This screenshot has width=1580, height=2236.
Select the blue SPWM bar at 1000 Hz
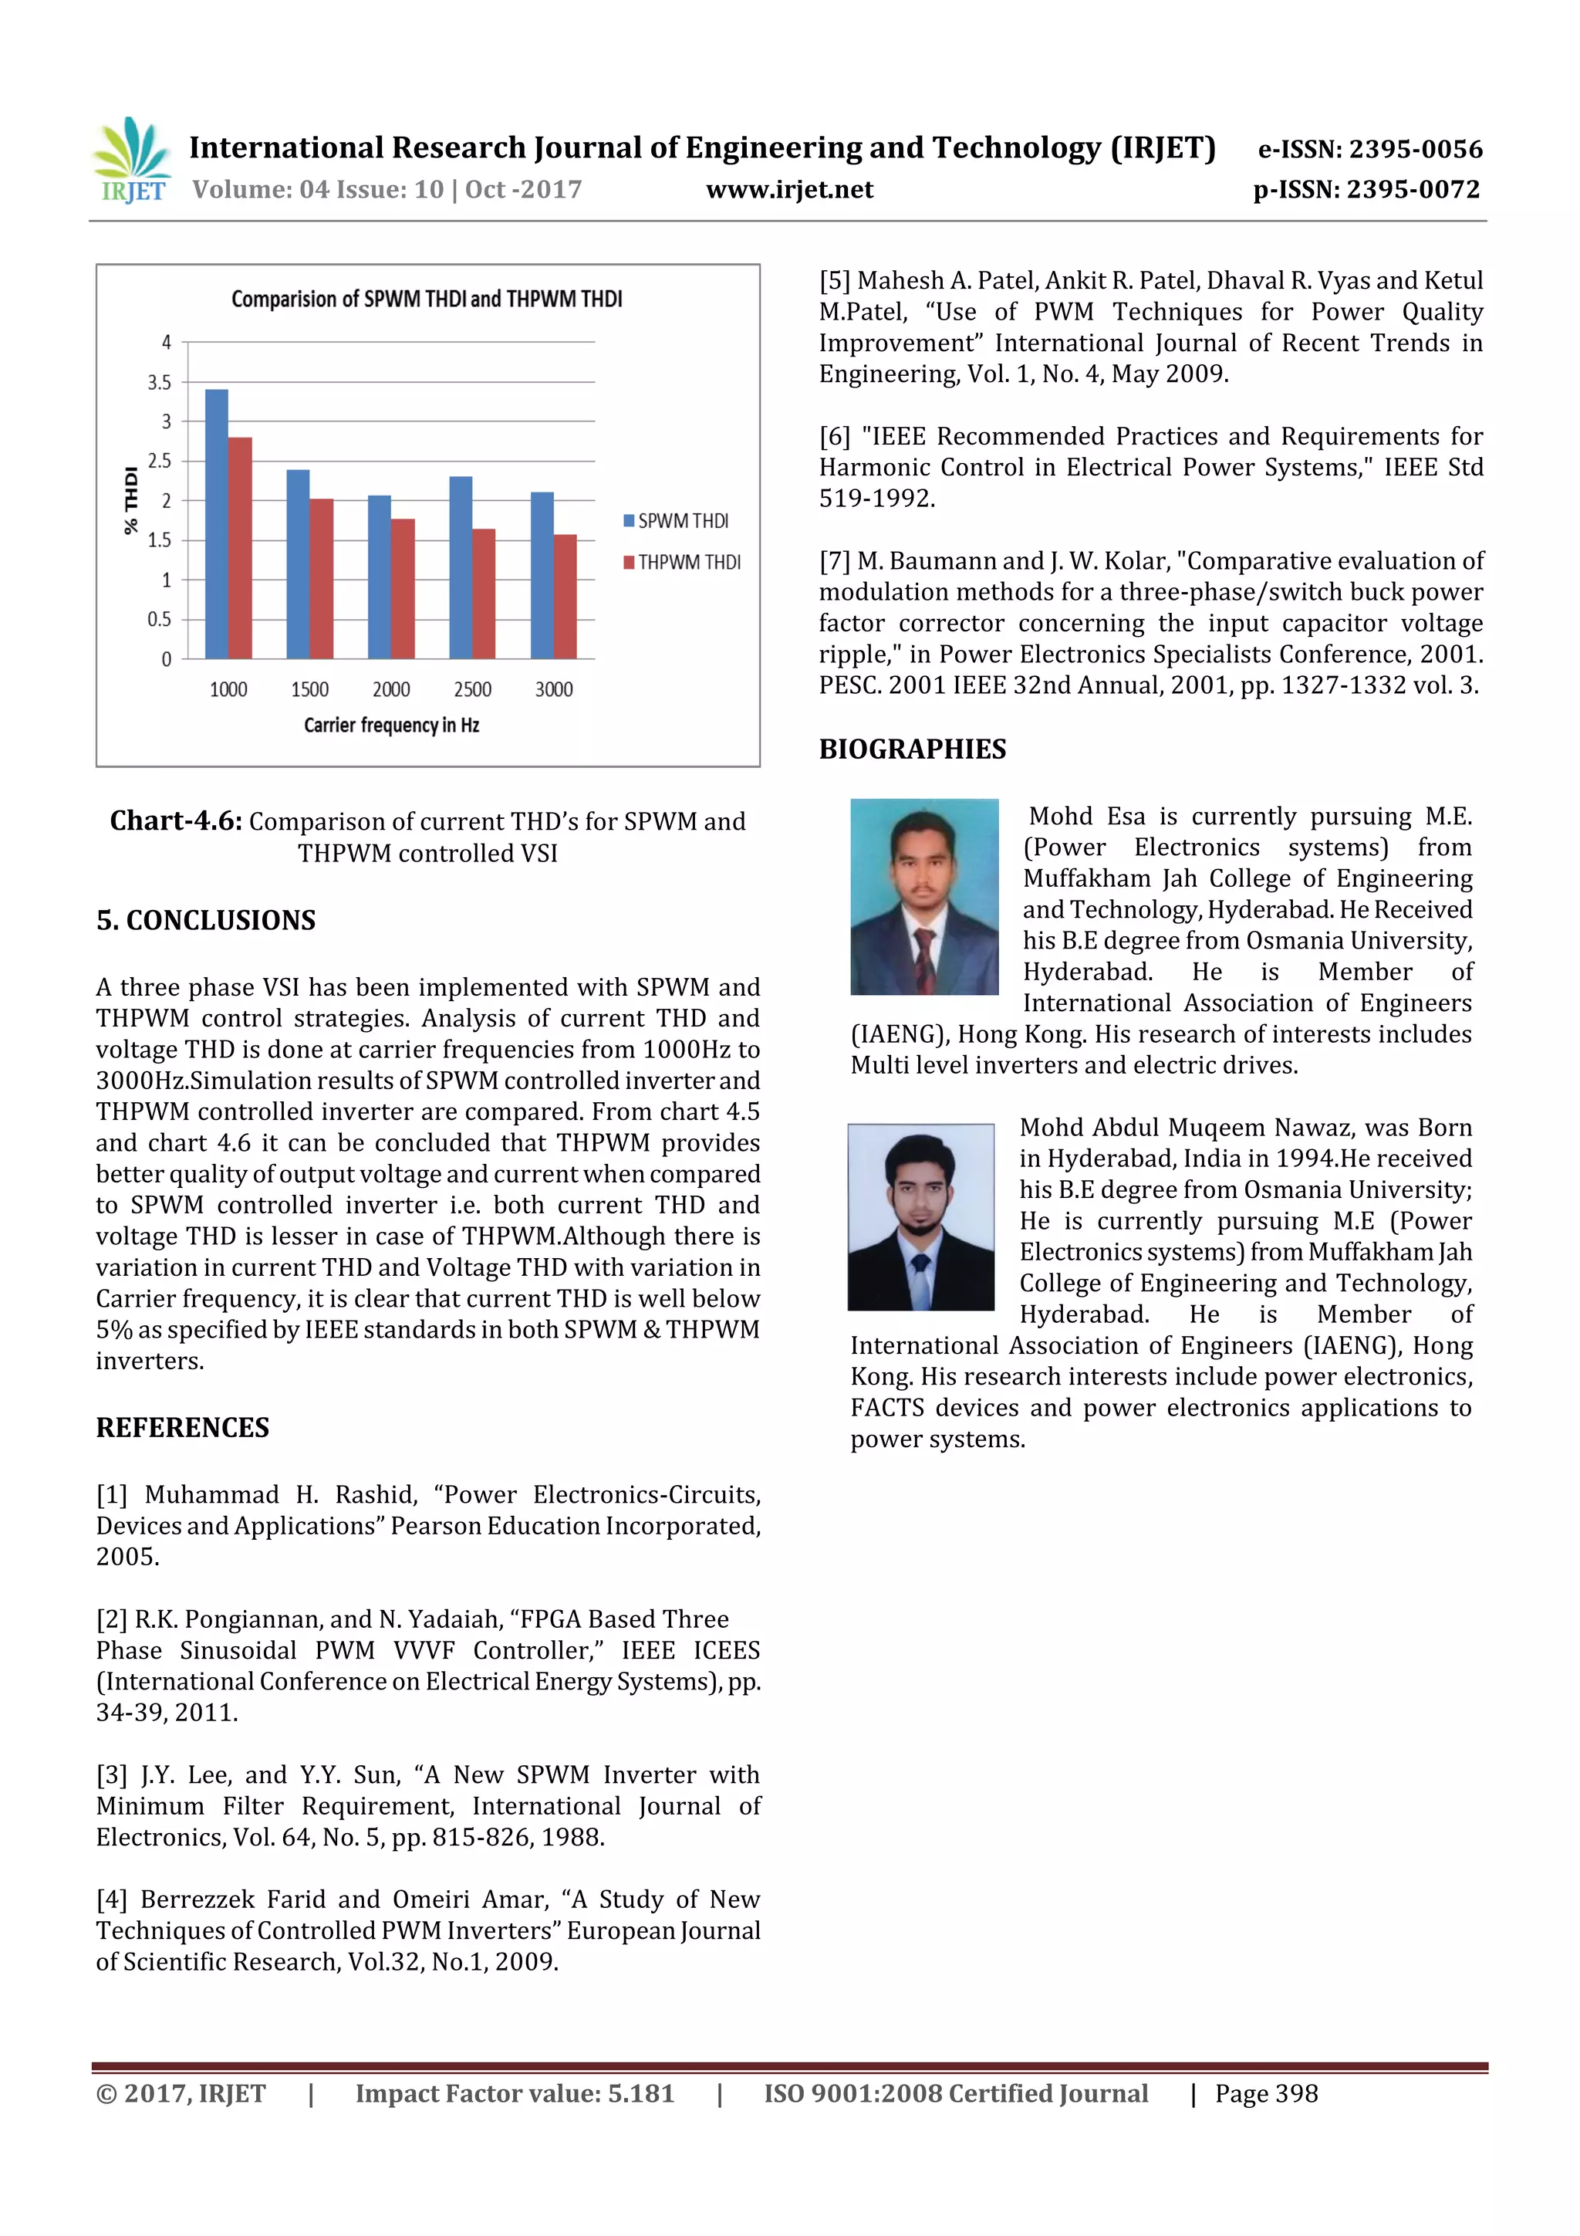click(216, 524)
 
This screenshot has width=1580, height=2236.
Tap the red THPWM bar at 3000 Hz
click(565, 596)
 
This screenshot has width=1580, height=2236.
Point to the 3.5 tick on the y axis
click(160, 382)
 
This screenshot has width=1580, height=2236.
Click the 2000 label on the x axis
click(391, 689)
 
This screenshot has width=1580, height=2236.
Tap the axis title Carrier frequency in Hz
click(391, 726)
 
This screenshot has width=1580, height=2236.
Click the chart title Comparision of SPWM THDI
click(427, 299)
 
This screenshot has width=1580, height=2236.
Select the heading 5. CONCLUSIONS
click(205, 920)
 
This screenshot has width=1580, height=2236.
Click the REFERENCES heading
click(182, 1428)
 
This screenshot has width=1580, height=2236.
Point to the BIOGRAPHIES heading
click(912, 749)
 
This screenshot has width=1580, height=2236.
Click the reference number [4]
click(112, 1899)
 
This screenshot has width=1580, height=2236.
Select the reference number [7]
click(834, 561)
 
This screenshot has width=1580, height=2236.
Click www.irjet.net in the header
click(789, 190)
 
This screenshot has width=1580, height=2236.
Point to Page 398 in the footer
click(1265, 2093)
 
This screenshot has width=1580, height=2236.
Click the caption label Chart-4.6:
click(175, 821)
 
